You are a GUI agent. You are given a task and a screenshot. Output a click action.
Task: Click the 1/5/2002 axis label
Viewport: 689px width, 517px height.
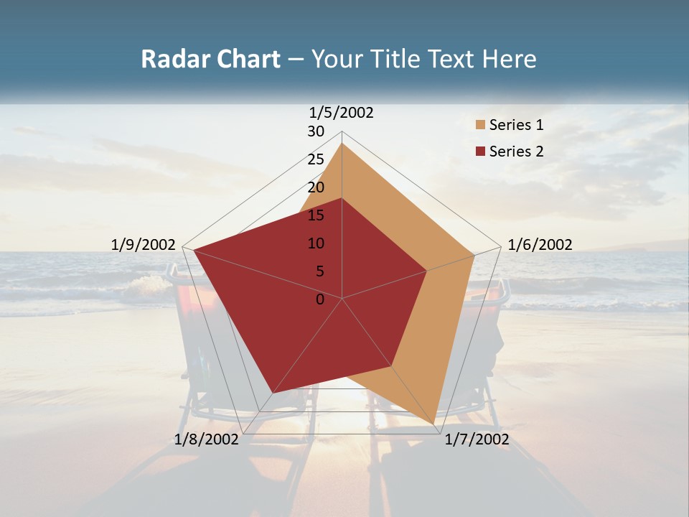click(342, 112)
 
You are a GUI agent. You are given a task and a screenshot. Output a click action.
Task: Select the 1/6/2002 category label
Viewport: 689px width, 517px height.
click(540, 245)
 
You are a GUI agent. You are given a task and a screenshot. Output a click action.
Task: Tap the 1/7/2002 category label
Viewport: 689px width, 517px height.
click(477, 439)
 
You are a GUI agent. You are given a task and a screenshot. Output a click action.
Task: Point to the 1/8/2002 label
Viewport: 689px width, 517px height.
click(206, 439)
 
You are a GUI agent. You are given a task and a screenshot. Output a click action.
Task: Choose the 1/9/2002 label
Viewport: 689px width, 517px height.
click(144, 245)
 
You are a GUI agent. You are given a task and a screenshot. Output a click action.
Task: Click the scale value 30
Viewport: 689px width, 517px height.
click(316, 131)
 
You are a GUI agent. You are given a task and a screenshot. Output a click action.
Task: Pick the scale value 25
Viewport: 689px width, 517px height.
click(316, 159)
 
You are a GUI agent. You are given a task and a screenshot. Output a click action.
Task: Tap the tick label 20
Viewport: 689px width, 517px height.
click(316, 187)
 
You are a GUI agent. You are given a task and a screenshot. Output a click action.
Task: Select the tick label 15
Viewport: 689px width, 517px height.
click(316, 215)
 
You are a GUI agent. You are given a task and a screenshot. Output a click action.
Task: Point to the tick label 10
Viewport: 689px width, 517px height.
click(316, 243)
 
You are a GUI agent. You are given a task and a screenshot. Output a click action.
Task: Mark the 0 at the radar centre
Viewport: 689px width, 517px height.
click(320, 299)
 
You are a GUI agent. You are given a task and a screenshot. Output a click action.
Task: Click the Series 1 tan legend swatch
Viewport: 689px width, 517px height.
click(481, 125)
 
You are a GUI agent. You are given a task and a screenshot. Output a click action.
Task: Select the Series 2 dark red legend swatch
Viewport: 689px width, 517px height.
click(481, 152)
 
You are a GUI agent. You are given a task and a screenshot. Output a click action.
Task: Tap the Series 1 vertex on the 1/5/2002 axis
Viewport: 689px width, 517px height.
click(342, 143)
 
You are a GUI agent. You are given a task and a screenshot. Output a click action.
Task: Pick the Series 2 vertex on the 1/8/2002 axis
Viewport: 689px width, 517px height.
click(273, 392)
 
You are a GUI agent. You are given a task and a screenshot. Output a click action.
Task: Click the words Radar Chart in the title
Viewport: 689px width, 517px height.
click(210, 59)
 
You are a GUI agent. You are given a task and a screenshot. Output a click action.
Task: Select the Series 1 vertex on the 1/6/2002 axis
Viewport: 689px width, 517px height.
click(474, 255)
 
